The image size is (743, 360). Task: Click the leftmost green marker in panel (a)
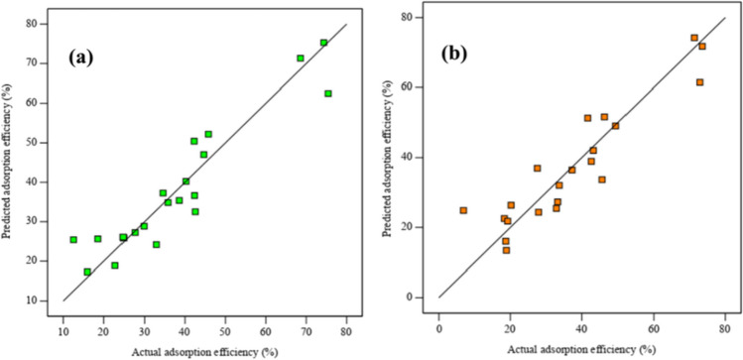point(73,239)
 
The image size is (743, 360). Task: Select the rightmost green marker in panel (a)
point(328,93)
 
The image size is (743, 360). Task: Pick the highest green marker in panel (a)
point(323,43)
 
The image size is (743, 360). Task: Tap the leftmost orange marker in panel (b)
point(463,210)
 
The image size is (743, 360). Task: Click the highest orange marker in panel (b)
point(694,38)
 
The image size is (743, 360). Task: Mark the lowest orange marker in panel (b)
point(506,250)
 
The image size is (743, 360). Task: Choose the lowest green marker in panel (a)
point(87,272)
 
